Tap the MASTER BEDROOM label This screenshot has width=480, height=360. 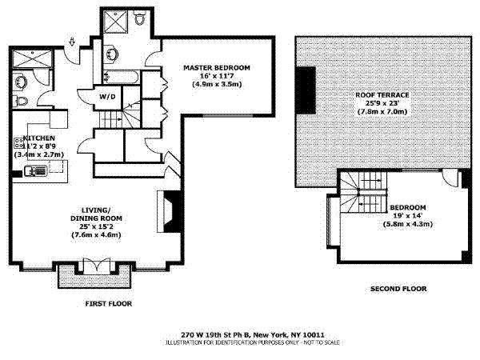click(x=216, y=66)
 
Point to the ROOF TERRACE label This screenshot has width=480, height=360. click(x=382, y=95)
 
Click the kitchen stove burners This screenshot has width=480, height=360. click(x=17, y=147)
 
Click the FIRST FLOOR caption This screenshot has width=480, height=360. click(x=108, y=304)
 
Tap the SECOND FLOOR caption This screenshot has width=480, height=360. click(x=398, y=288)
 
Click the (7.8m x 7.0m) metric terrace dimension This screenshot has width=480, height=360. click(x=382, y=111)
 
